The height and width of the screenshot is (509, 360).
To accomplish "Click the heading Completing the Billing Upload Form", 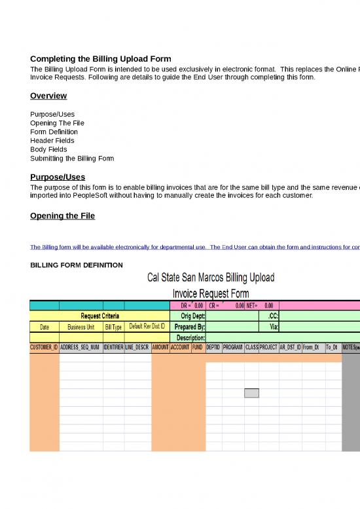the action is pos(101,59).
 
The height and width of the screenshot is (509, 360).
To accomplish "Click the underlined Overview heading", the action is pos(48,96).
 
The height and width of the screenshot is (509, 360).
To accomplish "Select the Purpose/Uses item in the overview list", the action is pos(52,114).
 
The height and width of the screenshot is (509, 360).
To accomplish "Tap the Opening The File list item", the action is pos(57,123).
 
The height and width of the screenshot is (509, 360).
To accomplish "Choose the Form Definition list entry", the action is pos(54,132).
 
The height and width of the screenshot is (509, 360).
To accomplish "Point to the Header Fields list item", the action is pos(52,140).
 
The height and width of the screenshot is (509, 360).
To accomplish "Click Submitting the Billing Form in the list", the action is pos(72,159).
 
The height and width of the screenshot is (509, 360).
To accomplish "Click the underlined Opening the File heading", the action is pos(63,216).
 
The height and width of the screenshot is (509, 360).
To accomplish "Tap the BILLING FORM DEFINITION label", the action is pos(77,265).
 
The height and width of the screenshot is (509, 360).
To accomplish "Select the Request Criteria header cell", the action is pos(99,315).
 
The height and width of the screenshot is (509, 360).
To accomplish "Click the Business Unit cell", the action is pos(81,326).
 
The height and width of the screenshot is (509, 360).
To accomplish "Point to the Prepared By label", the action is pos(190,326).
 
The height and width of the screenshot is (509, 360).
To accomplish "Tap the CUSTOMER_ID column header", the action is pos(45,348).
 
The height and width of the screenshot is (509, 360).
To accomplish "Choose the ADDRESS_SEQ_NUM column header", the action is pos(81,348).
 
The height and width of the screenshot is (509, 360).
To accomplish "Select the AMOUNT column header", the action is pos(160,348).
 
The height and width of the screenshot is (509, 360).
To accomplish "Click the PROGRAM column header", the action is pos(233,348).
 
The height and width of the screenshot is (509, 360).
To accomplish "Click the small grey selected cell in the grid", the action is pos(251,393).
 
